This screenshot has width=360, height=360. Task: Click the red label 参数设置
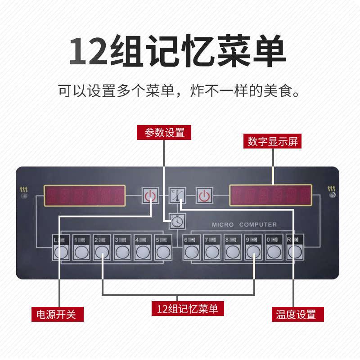pyautogui.click(x=164, y=133)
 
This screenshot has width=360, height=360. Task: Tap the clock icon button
pyautogui.click(x=176, y=220)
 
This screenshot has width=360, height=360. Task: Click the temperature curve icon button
pyautogui.click(x=177, y=196)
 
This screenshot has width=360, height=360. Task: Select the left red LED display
pyautogui.click(x=85, y=196)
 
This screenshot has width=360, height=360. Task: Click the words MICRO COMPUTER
pyautogui.click(x=244, y=225)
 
